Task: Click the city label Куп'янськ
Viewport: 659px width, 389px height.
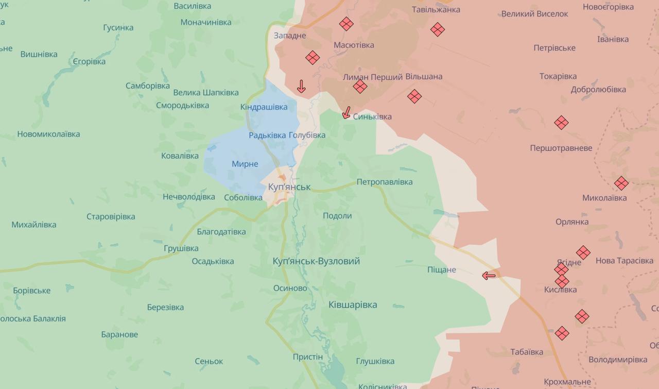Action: click(x=289, y=187)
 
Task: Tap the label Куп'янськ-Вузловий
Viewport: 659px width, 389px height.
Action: click(x=316, y=261)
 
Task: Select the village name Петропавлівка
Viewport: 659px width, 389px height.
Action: click(x=385, y=182)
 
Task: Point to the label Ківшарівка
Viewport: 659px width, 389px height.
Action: click(x=353, y=305)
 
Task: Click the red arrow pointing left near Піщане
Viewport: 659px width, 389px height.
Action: click(x=489, y=276)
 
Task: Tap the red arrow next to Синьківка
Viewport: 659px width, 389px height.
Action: click(x=346, y=112)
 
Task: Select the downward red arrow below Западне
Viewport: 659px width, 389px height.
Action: click(x=301, y=86)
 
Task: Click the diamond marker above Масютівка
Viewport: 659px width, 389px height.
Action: click(x=346, y=24)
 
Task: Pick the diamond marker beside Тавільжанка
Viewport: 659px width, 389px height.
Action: click(x=438, y=29)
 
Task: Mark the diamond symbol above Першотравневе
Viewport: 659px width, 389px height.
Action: click(x=561, y=123)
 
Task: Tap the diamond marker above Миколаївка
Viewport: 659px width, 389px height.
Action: click(x=621, y=183)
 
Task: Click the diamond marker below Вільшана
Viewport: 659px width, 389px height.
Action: click(x=414, y=96)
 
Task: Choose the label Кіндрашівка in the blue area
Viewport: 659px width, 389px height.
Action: click(x=264, y=107)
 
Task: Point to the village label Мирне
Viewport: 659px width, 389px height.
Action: click(x=245, y=164)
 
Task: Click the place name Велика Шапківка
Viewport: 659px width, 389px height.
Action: click(x=206, y=92)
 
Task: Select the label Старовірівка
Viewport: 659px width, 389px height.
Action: click(x=111, y=216)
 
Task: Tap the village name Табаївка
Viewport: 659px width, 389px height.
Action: click(x=527, y=352)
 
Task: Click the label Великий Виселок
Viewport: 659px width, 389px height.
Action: click(x=534, y=14)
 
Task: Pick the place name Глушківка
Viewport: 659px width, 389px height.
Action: click(x=375, y=361)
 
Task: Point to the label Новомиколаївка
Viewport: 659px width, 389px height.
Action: click(x=48, y=134)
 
